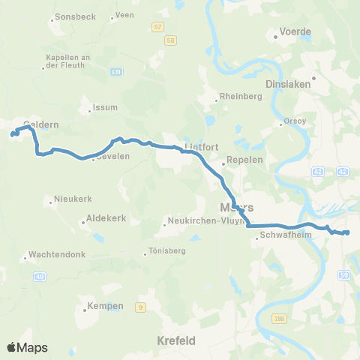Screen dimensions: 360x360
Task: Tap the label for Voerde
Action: coord(295,32)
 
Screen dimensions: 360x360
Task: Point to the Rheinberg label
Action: coord(238,97)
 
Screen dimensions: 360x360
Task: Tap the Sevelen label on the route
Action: coord(112,156)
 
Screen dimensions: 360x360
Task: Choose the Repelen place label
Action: coord(243,160)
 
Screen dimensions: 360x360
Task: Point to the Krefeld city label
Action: coord(177,340)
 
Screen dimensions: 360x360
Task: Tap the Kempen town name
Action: coord(100,308)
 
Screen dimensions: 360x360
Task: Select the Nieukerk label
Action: coord(72,200)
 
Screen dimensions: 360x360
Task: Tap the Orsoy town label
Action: coord(293,122)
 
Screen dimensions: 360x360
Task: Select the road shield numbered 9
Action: coord(139,306)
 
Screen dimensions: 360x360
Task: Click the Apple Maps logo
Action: coord(27,347)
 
